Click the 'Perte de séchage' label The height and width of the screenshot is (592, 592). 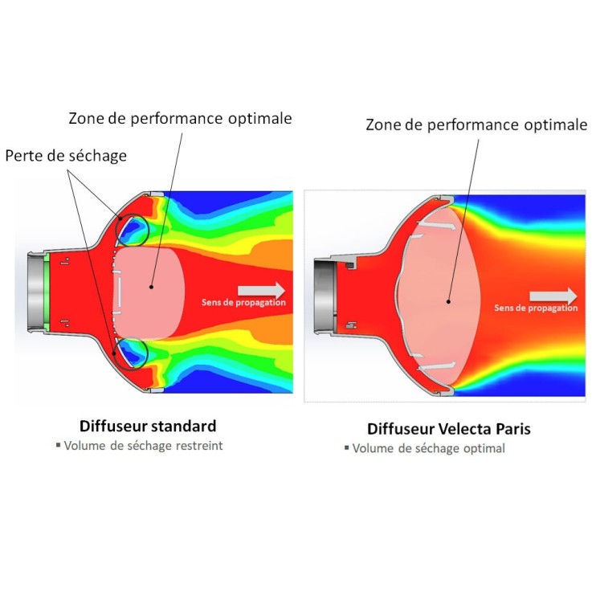coord(66,156)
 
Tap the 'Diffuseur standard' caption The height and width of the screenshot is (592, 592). coord(147,426)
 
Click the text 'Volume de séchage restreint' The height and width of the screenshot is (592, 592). coord(143,446)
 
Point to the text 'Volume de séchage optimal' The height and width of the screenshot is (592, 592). coord(428,449)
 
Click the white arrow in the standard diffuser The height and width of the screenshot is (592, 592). coord(262,290)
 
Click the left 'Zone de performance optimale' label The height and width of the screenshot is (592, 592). coord(180,119)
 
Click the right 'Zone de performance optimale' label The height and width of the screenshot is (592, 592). coord(476,125)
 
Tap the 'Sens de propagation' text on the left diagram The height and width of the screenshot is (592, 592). coord(243,302)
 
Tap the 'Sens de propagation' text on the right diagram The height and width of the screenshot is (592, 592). coord(535,308)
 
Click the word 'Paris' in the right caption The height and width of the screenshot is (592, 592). coord(512,429)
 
